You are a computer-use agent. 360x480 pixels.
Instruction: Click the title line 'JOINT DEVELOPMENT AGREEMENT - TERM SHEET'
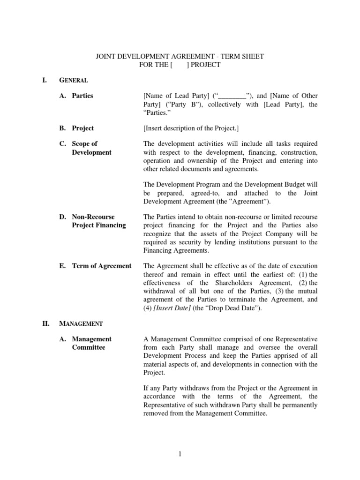(x=180, y=56)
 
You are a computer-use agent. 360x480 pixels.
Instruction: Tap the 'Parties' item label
(x=82, y=96)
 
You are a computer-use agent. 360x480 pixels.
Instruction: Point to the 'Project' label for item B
(x=82, y=128)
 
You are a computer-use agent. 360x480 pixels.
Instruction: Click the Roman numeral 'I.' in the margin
(x=45, y=80)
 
